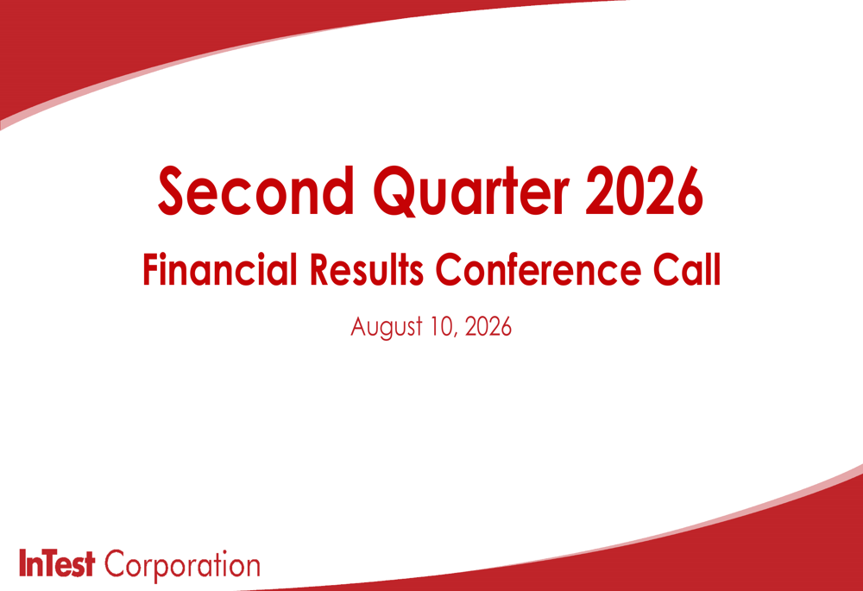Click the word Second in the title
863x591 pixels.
click(x=256, y=191)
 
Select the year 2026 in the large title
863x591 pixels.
click(x=644, y=191)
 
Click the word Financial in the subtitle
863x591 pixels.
click(x=220, y=269)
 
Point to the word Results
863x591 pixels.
click(x=367, y=269)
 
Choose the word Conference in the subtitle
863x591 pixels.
click(x=539, y=269)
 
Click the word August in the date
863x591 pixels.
click(x=387, y=327)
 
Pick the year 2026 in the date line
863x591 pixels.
click(x=488, y=326)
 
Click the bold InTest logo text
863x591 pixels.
click(x=57, y=563)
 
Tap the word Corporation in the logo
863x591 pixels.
click(x=182, y=564)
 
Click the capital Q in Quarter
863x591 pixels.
click(x=396, y=192)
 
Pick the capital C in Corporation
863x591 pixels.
click(x=117, y=563)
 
